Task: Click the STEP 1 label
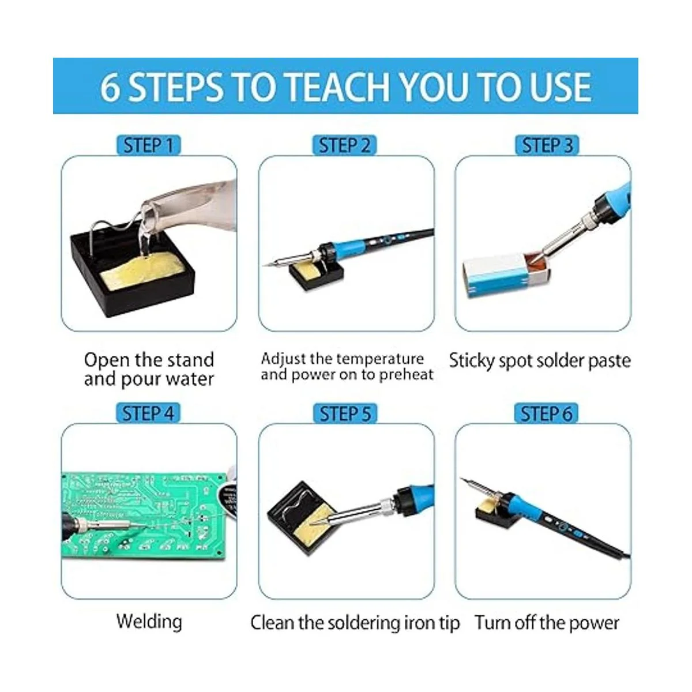[x=148, y=145]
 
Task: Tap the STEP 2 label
[x=344, y=145]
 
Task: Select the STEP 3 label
[x=547, y=145]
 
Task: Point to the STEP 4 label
[x=148, y=413]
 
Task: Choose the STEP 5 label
[x=345, y=413]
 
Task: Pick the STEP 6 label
[x=546, y=413]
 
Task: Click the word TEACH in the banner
[x=339, y=87]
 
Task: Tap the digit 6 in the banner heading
[x=110, y=87]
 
